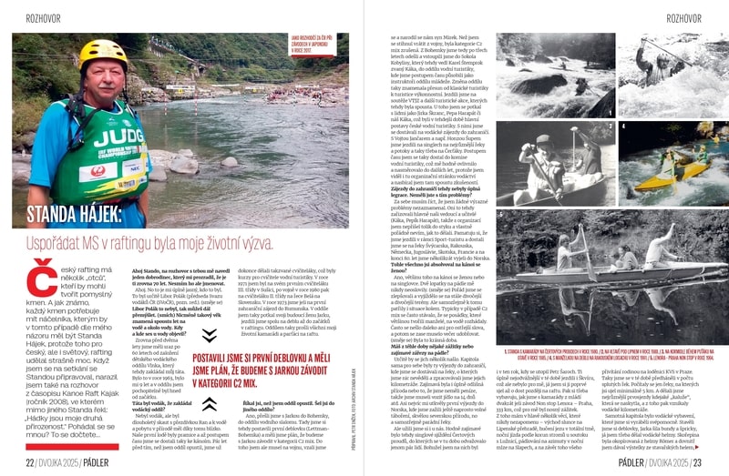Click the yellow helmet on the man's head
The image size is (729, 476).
coord(103,53)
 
